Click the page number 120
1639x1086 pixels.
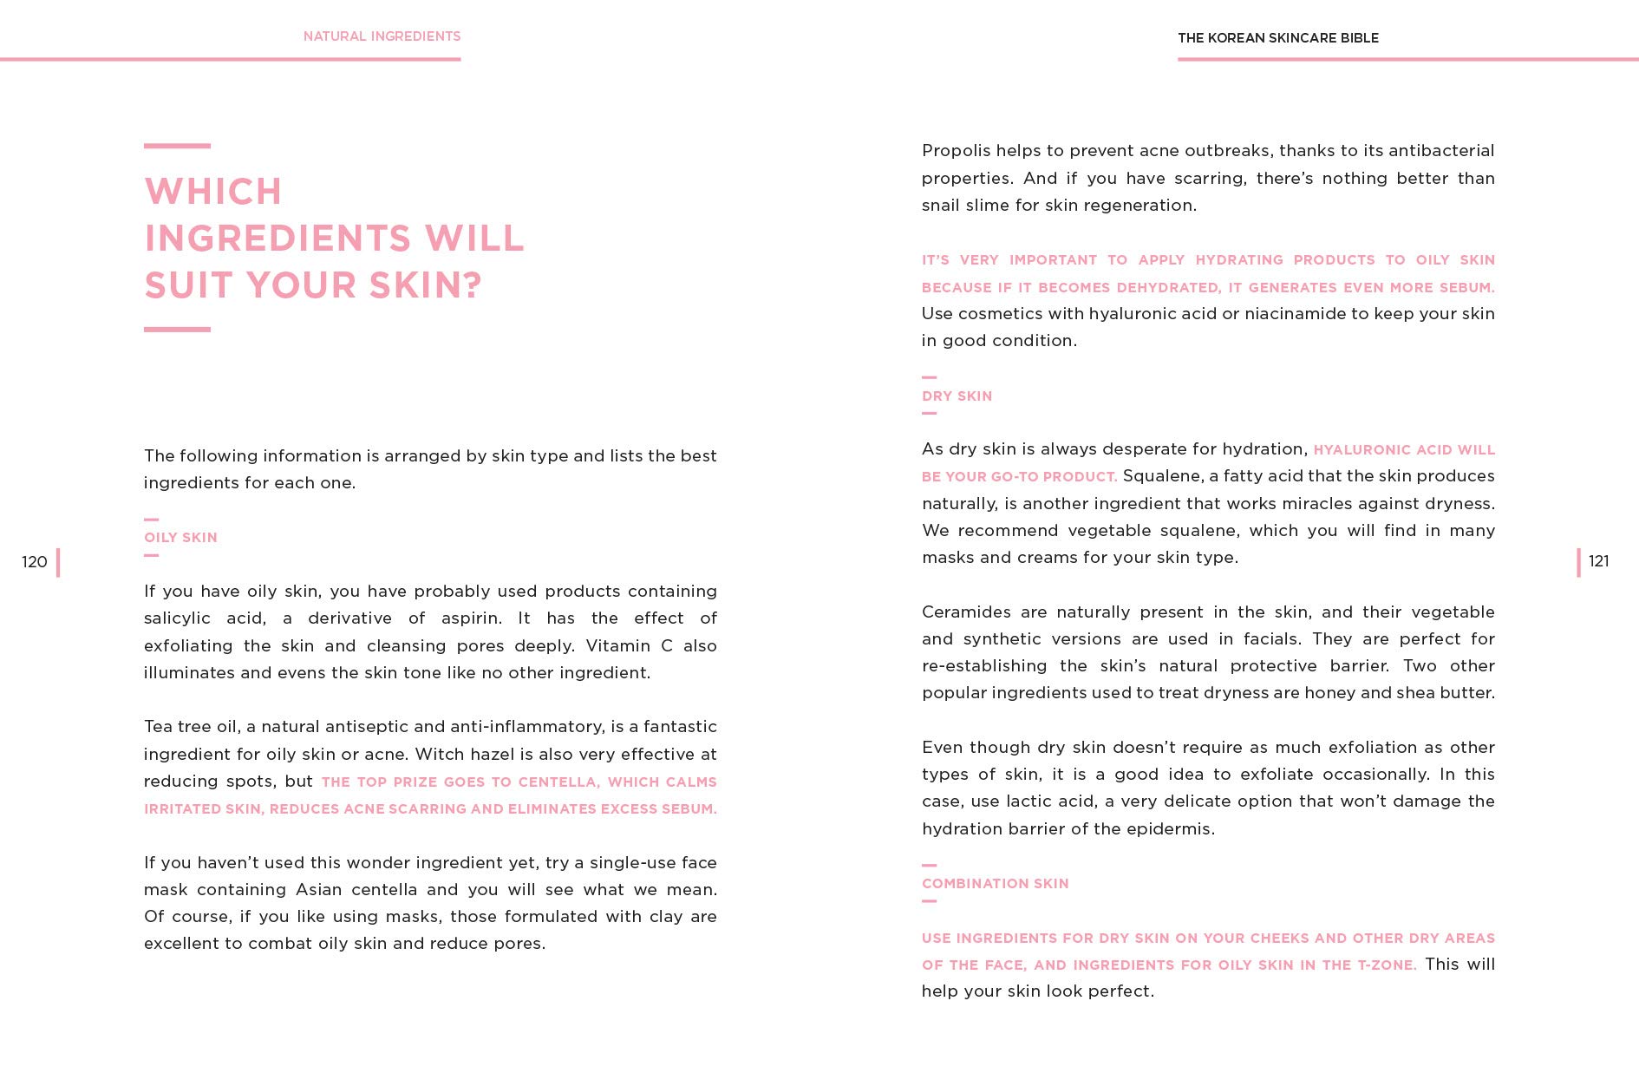tap(35, 562)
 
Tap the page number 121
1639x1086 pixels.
tap(1598, 561)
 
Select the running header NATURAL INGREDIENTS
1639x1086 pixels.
tap(382, 36)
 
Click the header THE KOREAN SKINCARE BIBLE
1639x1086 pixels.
tap(1277, 38)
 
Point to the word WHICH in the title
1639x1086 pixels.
tap(213, 192)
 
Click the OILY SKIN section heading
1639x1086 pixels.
tap(180, 538)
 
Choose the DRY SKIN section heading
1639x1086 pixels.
tap(957, 396)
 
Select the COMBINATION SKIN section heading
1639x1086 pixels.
tap(995, 884)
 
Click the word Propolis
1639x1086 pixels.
tap(956, 151)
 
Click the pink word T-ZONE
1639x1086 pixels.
tap(1386, 965)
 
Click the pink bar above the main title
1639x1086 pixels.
tap(177, 146)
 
